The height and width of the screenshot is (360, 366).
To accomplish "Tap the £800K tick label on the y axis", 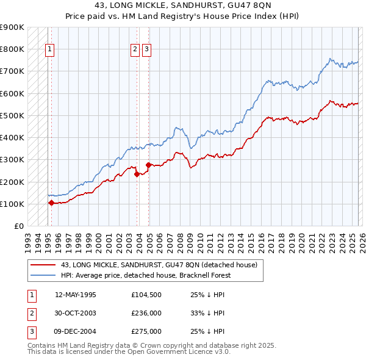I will tap(12, 49).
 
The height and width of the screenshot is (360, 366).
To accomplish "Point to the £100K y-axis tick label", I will tap(12, 204).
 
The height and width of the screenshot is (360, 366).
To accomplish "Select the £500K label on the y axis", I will tap(12, 115).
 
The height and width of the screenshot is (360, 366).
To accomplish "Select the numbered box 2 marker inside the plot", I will tap(135, 51).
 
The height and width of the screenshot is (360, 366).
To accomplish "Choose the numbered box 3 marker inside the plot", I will tap(147, 51).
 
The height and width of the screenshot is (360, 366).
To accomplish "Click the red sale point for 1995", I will tap(51, 203).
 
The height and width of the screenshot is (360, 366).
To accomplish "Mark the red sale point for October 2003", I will tap(137, 174).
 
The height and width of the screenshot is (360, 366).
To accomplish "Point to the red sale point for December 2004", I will tap(148, 165).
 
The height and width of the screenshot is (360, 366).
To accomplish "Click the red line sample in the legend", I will tap(43, 265).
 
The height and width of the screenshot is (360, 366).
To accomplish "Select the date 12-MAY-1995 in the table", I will tap(75, 295).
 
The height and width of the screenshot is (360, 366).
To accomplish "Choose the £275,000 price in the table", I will tap(146, 331).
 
